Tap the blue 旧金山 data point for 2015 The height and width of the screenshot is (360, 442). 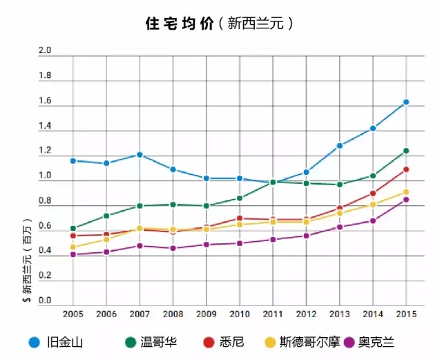click(x=406, y=102)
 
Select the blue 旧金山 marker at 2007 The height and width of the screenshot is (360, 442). click(x=140, y=155)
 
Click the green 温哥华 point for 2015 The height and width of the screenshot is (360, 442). click(x=406, y=151)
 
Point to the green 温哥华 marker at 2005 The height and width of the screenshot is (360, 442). click(x=73, y=228)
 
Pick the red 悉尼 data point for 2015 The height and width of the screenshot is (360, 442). click(x=406, y=169)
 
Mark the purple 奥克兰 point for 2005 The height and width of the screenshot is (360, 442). click(x=73, y=254)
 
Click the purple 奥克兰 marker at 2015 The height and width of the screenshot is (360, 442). click(x=406, y=200)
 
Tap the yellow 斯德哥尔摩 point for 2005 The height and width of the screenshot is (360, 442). click(x=73, y=247)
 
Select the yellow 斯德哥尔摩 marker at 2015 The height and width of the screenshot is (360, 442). click(x=406, y=192)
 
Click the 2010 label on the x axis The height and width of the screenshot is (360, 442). click(x=239, y=314)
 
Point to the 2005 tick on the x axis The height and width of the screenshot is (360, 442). click(x=73, y=314)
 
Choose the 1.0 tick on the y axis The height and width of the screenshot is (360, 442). click(x=46, y=176)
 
